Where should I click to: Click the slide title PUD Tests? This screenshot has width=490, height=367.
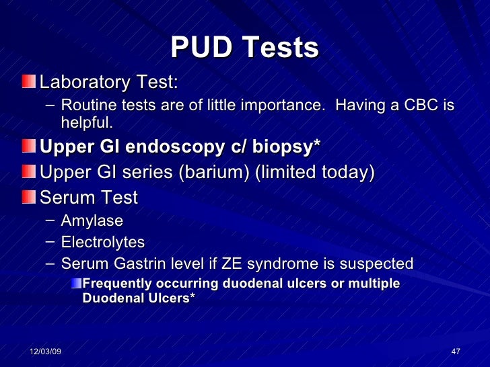coord(244,48)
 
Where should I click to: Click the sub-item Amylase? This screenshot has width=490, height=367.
coord(92,221)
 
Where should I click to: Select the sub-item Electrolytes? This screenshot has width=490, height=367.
coord(102,242)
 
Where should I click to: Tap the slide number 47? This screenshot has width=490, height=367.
coord(455,353)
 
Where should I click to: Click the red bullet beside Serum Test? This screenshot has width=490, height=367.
coord(29,198)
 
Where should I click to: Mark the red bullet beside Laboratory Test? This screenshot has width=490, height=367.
coord(29,83)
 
